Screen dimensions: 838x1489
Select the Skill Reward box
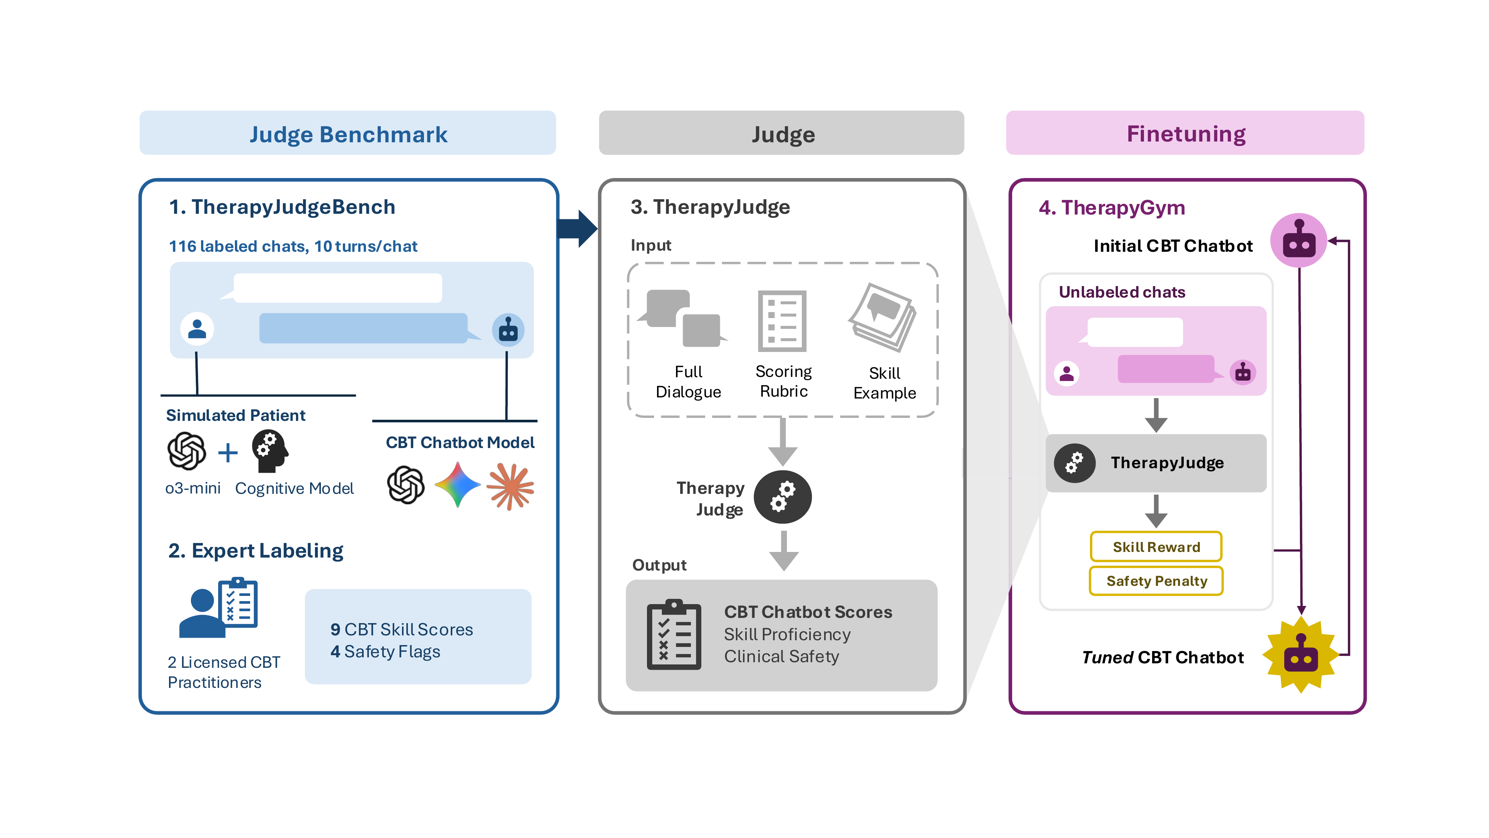point(1156,546)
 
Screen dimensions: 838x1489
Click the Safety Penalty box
point(1156,581)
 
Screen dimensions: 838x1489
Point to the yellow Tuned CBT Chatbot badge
point(1301,655)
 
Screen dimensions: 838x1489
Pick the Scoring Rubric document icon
point(782,321)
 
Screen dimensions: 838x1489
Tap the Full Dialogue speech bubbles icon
point(683,318)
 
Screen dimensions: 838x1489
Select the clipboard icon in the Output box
point(673,634)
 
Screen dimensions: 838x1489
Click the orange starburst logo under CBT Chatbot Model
point(510,486)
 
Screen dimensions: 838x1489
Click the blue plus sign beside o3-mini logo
point(228,452)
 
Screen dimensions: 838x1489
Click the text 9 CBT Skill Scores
point(402,629)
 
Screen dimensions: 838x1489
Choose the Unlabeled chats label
point(1121,292)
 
